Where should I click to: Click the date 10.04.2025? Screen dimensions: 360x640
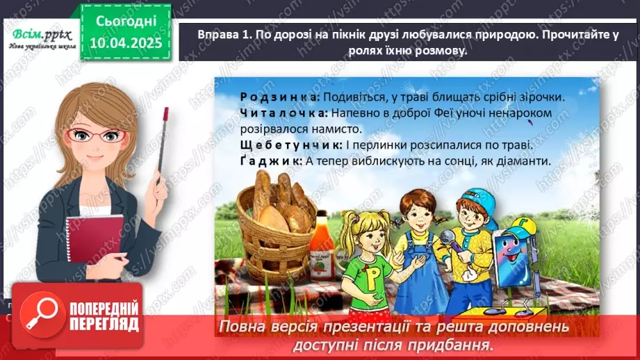coord(125,43)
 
